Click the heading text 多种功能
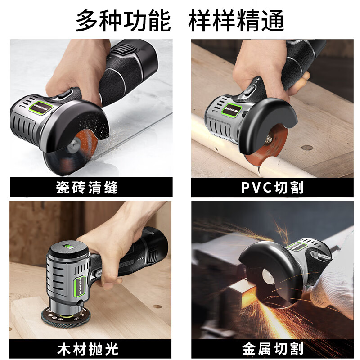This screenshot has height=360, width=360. (123, 21)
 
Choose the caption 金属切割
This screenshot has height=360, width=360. (272, 348)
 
